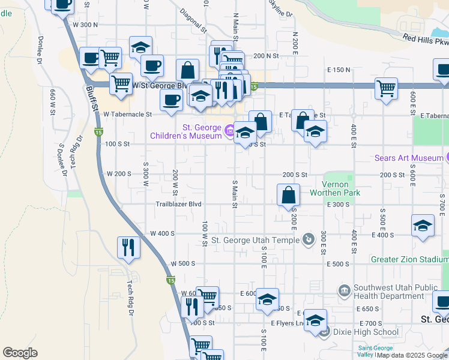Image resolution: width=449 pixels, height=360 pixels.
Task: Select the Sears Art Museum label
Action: click(408, 158)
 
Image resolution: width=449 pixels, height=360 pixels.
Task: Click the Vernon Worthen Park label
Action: click(334, 188)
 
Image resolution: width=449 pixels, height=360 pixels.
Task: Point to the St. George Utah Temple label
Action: click(255, 240)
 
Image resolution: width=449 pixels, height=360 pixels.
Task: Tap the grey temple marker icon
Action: click(308, 240)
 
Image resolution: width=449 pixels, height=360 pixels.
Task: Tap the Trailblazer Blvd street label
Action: click(178, 204)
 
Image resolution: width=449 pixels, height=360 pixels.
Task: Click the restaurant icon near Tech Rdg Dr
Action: click(129, 247)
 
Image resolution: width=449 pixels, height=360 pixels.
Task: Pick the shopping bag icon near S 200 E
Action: click(289, 194)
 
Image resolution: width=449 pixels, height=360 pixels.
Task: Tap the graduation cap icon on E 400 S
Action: click(423, 226)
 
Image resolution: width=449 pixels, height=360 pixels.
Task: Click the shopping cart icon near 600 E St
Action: click(386, 88)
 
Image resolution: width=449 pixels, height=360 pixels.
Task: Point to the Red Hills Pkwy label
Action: click(426, 41)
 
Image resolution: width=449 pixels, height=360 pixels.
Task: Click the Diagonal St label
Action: click(193, 21)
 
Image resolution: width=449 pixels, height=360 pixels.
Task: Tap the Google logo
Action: click(20, 353)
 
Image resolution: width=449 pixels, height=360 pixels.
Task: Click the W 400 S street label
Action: click(162, 233)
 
